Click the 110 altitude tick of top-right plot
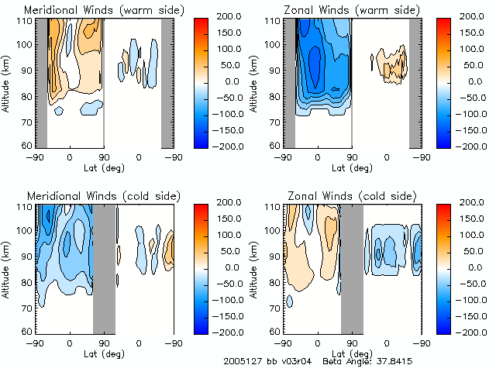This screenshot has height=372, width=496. (273, 20)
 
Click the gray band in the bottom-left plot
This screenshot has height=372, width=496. (104, 267)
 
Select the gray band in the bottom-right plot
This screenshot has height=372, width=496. (352, 267)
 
